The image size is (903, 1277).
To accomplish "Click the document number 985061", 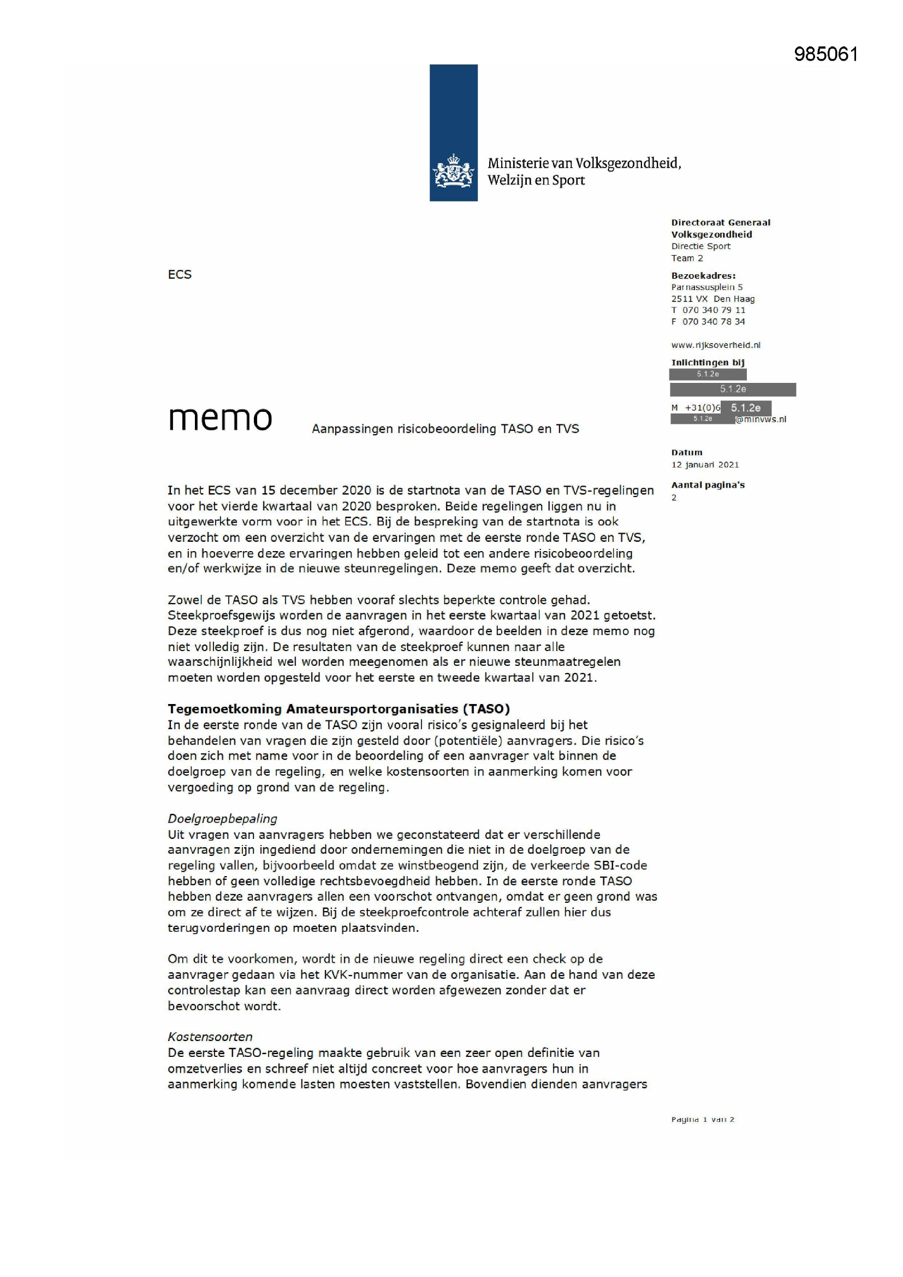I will tap(825, 55).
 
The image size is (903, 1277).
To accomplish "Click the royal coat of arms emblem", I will tap(453, 172).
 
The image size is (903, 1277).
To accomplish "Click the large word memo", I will tap(220, 418).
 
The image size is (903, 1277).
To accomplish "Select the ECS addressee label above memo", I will tap(180, 275).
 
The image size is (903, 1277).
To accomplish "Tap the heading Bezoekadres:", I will tap(703, 276).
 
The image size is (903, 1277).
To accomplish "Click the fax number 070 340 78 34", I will tap(714, 322).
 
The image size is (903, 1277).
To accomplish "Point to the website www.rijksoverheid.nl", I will tap(716, 345).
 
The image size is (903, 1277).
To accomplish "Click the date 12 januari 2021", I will tap(705, 464).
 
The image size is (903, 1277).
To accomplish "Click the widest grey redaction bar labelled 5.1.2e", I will tap(733, 389).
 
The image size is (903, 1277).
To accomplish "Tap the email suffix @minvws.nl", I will tap(761, 419).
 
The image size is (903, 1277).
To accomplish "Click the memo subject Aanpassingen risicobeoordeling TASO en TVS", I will tap(445, 429).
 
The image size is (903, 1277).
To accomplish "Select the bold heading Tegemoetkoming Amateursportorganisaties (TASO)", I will tap(338, 709).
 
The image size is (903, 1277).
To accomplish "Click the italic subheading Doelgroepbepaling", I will tap(222, 819).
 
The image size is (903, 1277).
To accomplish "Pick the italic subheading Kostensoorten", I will tap(210, 1037).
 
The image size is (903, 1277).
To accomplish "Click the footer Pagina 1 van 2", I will tap(703, 1119).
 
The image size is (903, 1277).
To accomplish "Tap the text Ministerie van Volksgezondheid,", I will tap(584, 163).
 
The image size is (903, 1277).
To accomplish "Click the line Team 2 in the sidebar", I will tap(687, 258).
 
